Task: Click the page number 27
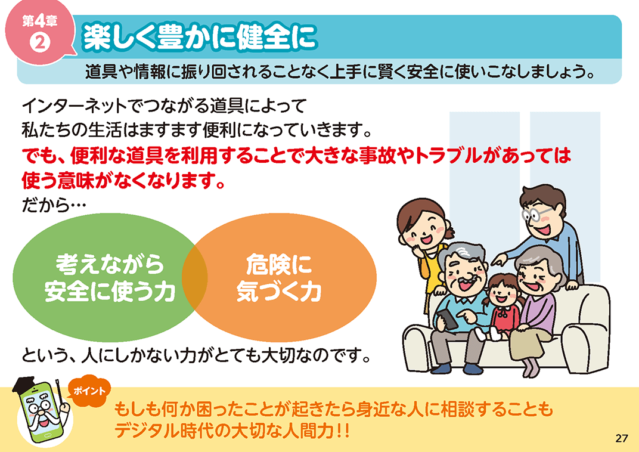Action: coord(622,438)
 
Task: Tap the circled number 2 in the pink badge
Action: coord(40,42)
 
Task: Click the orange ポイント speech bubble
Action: coord(89,391)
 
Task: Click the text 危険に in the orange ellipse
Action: coord(279,264)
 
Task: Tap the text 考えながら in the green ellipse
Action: coord(110,264)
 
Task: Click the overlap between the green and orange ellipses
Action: coord(195,277)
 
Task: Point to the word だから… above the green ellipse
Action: coord(54,205)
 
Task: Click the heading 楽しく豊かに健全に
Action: coord(200,37)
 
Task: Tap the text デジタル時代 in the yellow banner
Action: coord(165,431)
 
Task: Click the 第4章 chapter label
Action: coord(39,21)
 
